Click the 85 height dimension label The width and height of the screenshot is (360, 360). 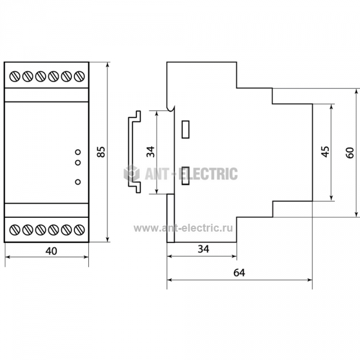[x=101, y=152]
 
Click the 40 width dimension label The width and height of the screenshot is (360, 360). [x=51, y=251]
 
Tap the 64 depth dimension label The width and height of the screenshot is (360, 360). [x=239, y=273]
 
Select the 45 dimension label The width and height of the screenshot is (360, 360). [x=325, y=152]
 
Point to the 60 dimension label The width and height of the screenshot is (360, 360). [x=350, y=152]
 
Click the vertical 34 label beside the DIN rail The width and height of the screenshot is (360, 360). [x=151, y=152]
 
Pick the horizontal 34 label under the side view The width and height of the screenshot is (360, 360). [x=203, y=249]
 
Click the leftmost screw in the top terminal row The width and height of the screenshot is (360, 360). [x=14, y=76]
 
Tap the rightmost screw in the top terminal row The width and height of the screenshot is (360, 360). [x=79, y=76]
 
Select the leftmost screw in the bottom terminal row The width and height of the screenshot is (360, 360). [x=14, y=230]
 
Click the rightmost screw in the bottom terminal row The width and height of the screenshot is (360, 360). [x=79, y=230]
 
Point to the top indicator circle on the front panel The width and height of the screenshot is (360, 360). [x=78, y=152]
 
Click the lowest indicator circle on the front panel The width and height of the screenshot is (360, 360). [x=78, y=182]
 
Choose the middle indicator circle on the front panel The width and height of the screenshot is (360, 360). [x=78, y=163]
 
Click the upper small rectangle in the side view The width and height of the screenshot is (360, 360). [x=185, y=130]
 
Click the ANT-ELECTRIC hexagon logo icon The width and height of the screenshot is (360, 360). [x=131, y=173]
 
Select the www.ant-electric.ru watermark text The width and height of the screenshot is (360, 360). [x=183, y=228]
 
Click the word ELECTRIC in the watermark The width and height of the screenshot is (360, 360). [x=208, y=174]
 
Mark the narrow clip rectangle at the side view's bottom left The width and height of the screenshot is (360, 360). [x=170, y=218]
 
